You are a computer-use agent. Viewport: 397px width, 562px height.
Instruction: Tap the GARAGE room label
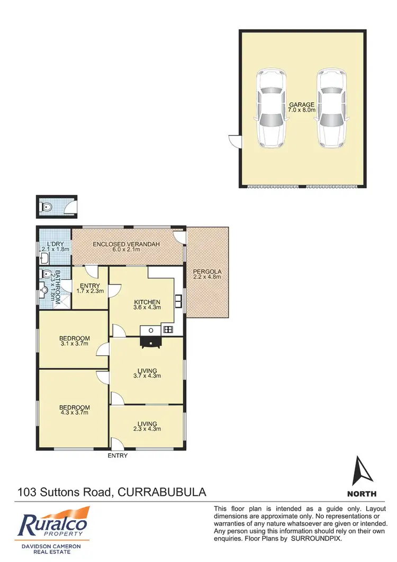(301, 105)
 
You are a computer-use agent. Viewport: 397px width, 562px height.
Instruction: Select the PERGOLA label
(207, 273)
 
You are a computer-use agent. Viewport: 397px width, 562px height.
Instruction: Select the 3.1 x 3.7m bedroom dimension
(74, 344)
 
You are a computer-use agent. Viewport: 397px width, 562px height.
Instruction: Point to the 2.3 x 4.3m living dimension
(147, 430)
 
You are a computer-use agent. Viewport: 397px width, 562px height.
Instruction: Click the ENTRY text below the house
(118, 455)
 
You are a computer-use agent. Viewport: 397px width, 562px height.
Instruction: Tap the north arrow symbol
(362, 472)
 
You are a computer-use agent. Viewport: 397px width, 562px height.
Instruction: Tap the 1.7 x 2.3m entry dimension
(90, 290)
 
